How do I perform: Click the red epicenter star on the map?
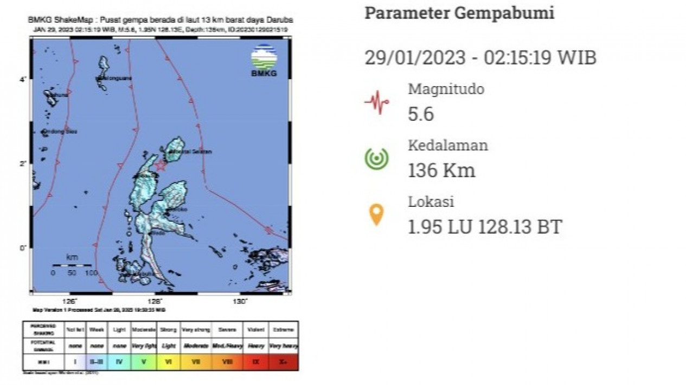pos(161,166)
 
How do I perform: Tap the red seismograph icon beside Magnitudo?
pos(376,102)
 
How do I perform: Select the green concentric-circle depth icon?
pos(376,158)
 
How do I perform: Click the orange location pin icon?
pos(376,214)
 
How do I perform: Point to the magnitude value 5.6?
pos(421,114)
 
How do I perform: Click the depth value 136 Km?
pos(441,171)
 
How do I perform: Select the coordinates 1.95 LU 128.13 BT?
pos(485,227)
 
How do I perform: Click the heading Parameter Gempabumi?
pos(459,13)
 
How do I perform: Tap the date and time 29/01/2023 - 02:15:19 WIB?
pos(480,57)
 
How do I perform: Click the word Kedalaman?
pos(448,145)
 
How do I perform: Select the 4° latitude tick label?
pos(23,80)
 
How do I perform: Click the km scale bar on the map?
pos(72,265)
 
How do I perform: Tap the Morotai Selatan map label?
pos(190,152)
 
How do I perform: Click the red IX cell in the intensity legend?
pos(255,362)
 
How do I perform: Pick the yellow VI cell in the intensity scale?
pos(168,362)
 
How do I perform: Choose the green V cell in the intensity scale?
pos(144,362)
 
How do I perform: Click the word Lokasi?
pos(431,201)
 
